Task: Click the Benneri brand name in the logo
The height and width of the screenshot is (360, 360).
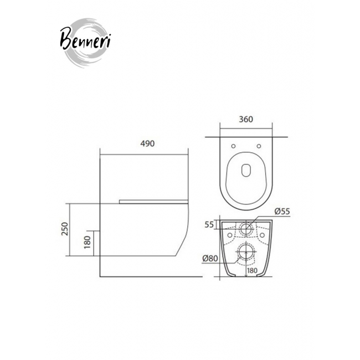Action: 85,39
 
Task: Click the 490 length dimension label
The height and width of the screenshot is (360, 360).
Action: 147,143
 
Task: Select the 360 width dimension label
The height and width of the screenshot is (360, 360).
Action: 246,120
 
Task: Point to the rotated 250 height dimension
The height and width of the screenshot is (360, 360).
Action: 65,228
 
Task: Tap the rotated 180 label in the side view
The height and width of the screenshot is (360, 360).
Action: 88,242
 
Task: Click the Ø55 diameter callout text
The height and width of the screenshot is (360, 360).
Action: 282,211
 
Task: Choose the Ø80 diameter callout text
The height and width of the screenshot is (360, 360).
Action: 210,258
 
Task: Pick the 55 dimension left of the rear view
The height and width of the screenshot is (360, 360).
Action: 209,224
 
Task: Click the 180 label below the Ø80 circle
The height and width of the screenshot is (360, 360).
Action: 253,270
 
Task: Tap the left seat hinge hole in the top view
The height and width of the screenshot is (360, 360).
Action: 233,146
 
